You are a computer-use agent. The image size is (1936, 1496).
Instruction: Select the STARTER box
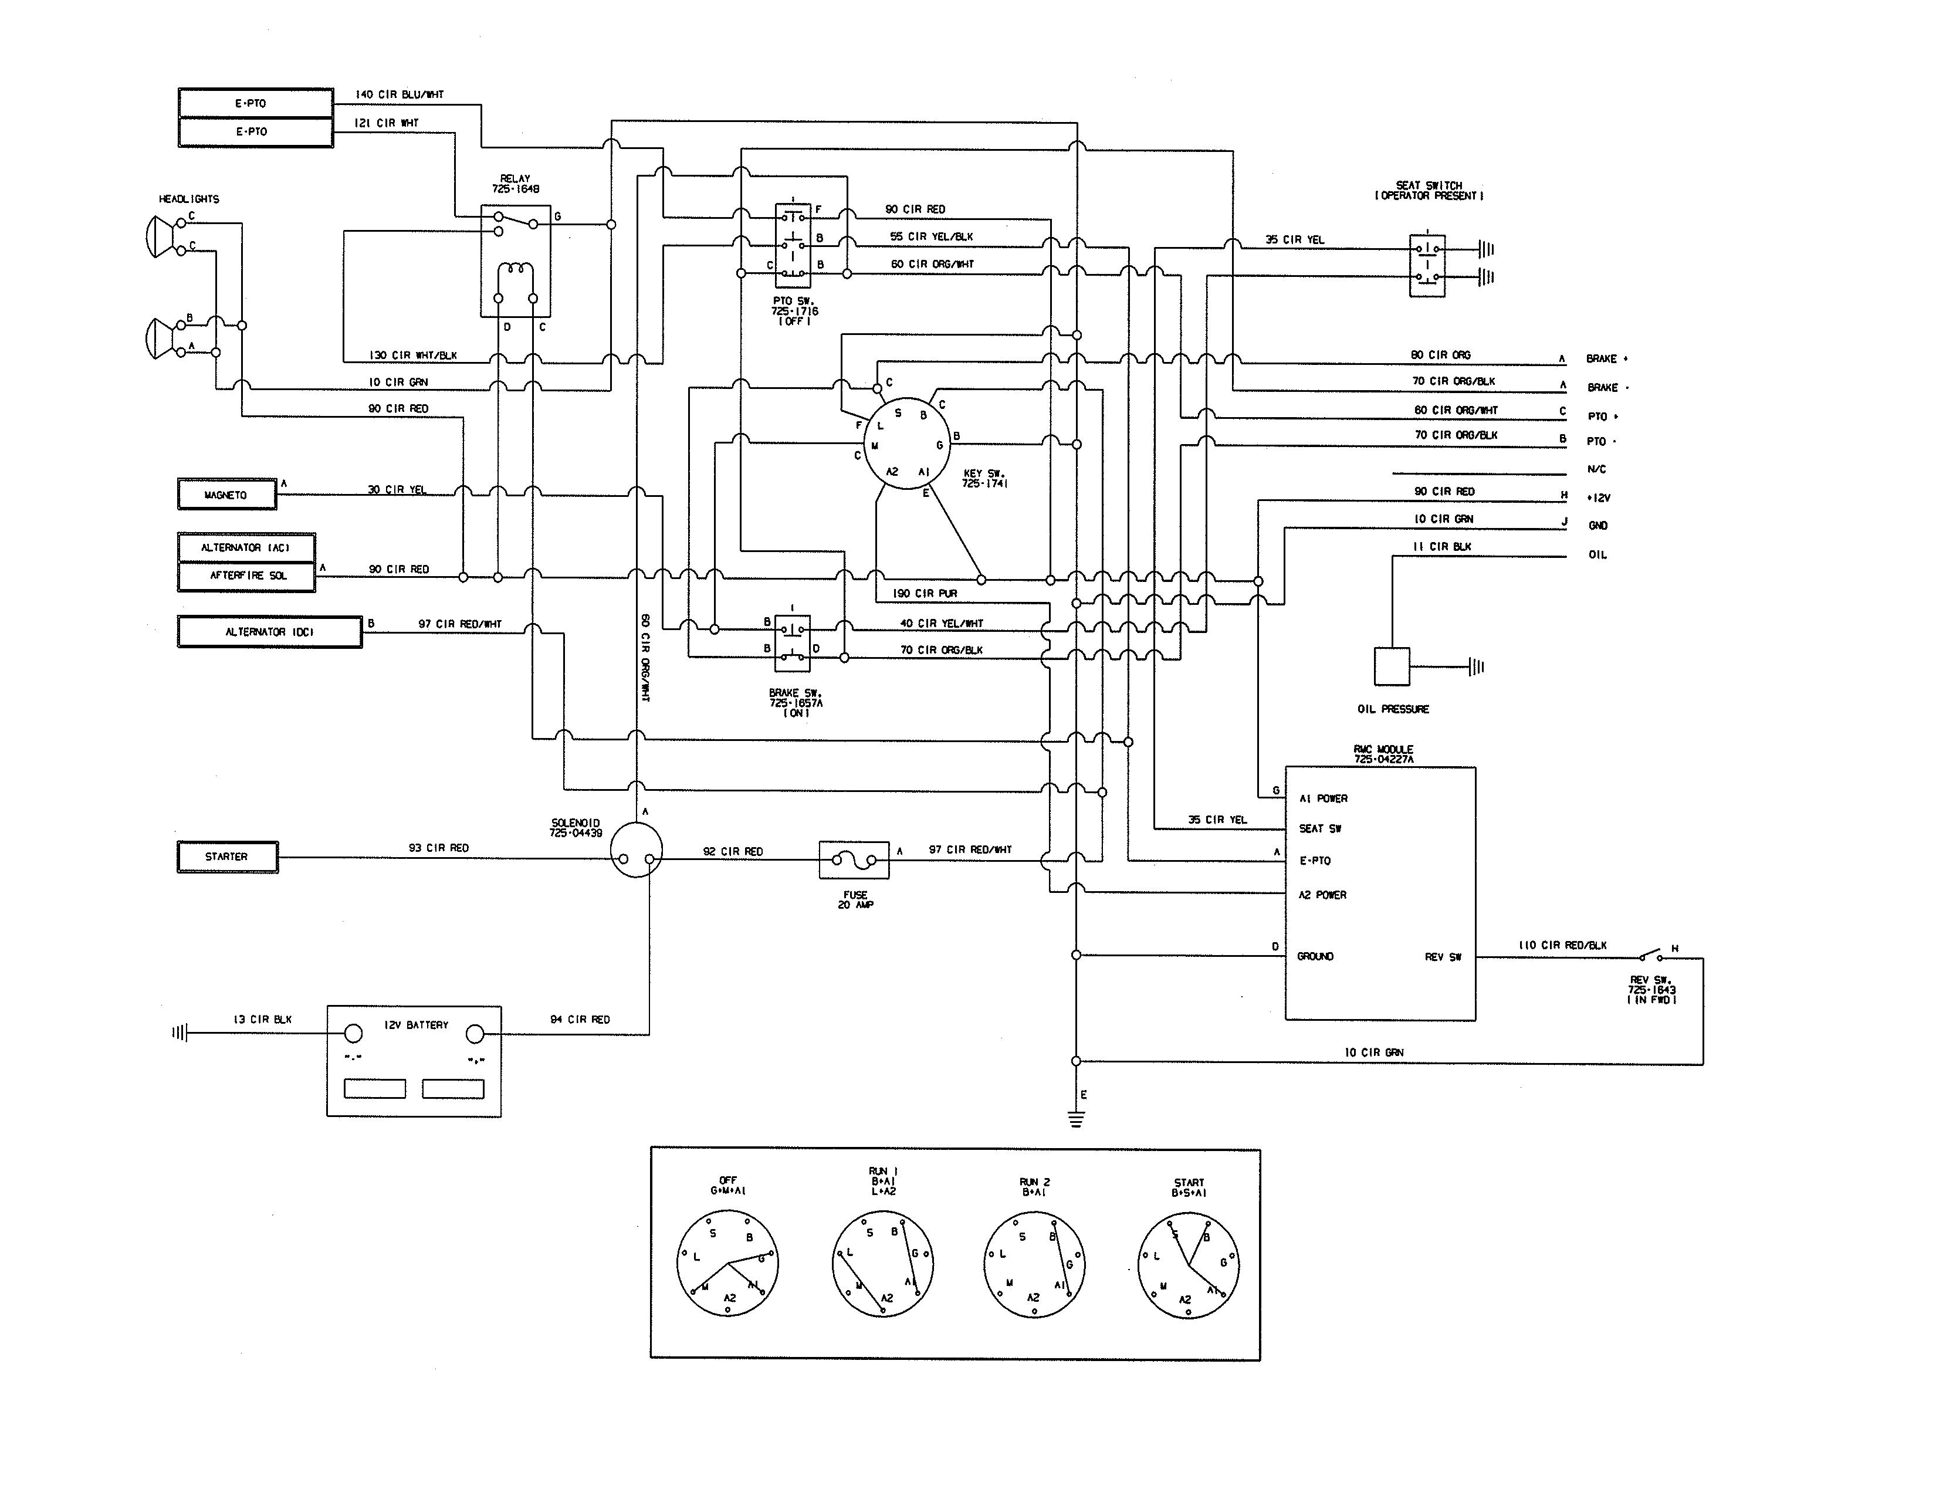pos(227,857)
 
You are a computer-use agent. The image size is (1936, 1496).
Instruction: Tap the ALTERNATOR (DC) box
pos(269,632)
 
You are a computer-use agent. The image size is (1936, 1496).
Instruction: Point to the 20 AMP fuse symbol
pos(854,859)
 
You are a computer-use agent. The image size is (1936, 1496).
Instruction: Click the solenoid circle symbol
pos(637,850)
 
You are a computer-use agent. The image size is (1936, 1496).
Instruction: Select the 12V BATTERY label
pos(416,1025)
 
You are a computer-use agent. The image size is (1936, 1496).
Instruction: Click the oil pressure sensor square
pos(1391,666)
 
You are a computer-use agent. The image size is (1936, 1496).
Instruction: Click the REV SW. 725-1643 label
pos(1651,990)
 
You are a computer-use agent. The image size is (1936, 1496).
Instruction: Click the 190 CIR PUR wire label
pos(925,594)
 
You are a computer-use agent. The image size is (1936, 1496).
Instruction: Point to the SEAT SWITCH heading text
pos(1428,191)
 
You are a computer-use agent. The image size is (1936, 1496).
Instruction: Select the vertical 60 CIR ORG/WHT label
pos(645,658)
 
